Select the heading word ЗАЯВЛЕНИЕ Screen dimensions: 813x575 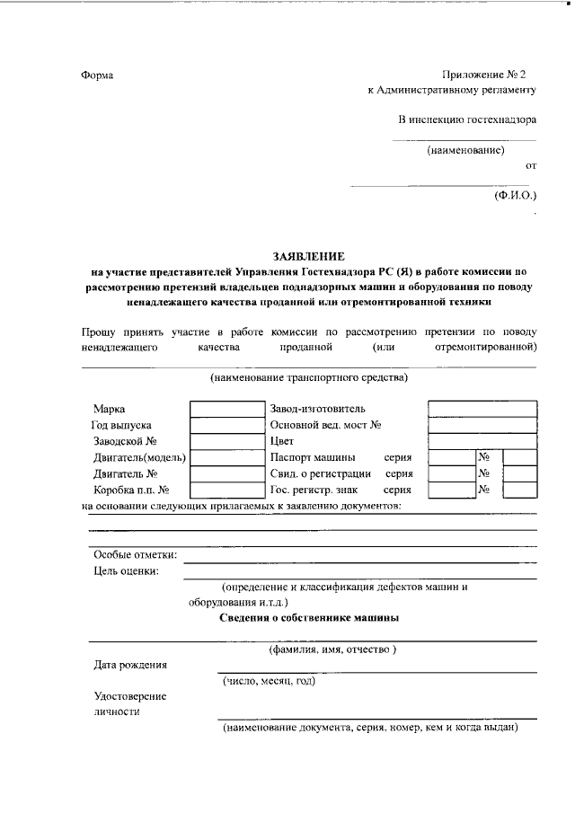click(309, 256)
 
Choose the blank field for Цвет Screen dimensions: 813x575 click(482, 441)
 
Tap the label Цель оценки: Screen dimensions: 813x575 click(126, 570)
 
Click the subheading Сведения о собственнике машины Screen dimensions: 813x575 click(310, 618)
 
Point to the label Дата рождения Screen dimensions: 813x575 click(130, 666)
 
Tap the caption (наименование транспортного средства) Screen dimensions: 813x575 click(309, 377)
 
